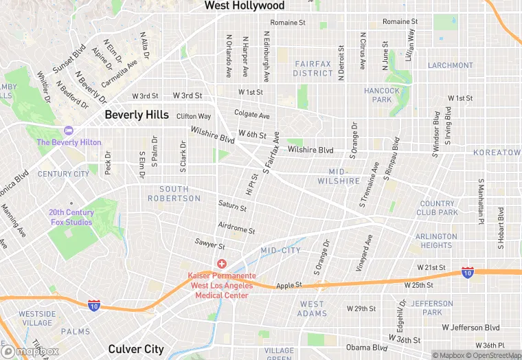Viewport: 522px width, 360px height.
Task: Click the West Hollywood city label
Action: point(244,5)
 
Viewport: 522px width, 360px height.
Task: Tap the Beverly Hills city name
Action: point(136,115)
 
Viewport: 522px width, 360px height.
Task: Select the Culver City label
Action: point(136,349)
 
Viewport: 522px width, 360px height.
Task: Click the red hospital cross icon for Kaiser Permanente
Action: point(222,264)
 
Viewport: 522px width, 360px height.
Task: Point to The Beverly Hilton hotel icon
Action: point(68,131)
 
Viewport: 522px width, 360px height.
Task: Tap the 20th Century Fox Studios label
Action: point(70,217)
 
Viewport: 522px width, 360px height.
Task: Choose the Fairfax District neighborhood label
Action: point(313,68)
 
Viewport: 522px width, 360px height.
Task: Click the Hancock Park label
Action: point(382,95)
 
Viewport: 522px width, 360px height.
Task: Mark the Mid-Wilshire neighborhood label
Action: point(339,176)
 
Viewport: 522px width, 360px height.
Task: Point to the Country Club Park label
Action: point(438,208)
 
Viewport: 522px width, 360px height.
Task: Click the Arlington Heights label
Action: point(436,240)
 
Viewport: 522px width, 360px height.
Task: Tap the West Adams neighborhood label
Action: point(312,308)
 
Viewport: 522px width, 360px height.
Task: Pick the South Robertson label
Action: point(174,194)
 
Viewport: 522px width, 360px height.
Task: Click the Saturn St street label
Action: point(232,205)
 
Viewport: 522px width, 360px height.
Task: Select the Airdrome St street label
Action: point(236,228)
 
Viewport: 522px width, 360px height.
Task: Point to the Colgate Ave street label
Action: point(251,115)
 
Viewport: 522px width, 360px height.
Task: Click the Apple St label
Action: point(289,285)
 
